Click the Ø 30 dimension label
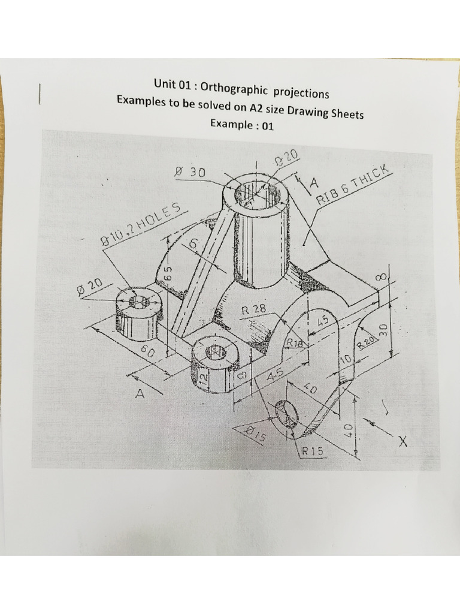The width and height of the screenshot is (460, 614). coord(189,172)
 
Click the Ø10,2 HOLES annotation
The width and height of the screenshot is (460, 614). coord(141,225)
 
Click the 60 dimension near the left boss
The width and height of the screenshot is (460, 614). coord(147,352)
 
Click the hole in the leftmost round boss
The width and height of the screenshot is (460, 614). coord(139,301)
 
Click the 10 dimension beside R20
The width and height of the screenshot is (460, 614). coord(345,359)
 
